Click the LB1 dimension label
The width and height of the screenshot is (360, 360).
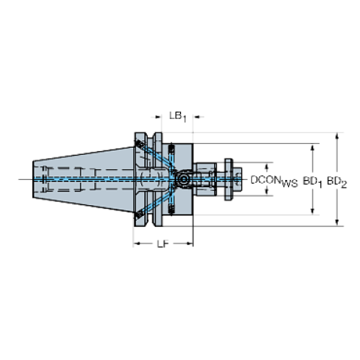(x=177, y=115)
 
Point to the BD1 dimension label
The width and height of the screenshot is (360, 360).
(x=312, y=179)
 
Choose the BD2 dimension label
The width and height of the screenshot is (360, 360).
(x=336, y=179)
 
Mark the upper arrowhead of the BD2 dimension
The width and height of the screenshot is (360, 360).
(x=337, y=136)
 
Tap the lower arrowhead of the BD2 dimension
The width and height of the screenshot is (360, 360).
(x=337, y=220)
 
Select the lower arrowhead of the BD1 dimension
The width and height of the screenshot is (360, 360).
(x=313, y=211)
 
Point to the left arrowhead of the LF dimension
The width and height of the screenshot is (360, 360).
(x=137, y=242)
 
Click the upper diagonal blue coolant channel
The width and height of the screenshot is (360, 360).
(x=157, y=158)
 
